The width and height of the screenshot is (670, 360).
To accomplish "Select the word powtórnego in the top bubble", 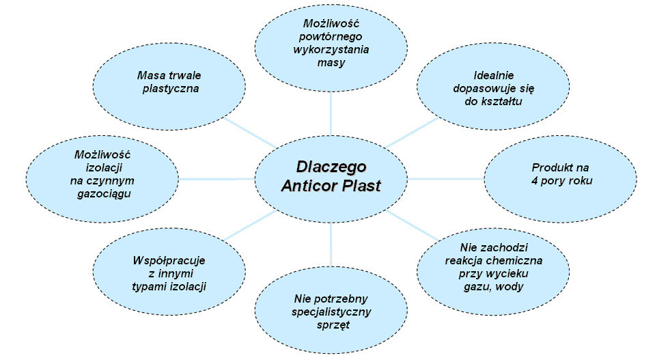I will [331, 35].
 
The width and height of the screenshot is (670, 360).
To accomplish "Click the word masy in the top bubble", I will [331, 62].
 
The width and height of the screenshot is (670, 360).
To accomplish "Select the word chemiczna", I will [515, 260].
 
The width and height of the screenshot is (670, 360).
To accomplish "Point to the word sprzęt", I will [332, 325].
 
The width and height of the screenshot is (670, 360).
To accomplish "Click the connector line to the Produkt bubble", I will [447, 179].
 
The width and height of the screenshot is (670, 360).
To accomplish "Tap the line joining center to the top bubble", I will [331, 112].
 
